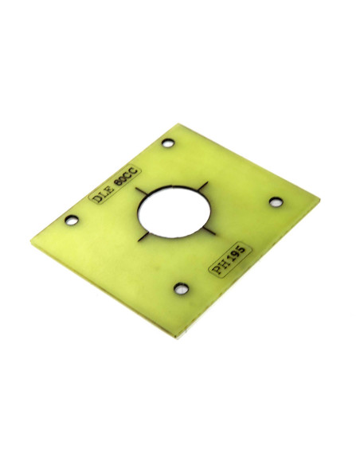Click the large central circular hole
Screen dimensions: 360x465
174,212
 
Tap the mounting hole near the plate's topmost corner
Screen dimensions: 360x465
168,143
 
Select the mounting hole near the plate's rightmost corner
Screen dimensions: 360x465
276,202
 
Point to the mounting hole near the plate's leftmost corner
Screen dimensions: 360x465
72,220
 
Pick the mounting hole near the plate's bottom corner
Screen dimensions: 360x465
181,288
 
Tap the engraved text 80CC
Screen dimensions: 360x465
126,178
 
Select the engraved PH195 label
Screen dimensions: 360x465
230,260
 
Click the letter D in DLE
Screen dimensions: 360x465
96,198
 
